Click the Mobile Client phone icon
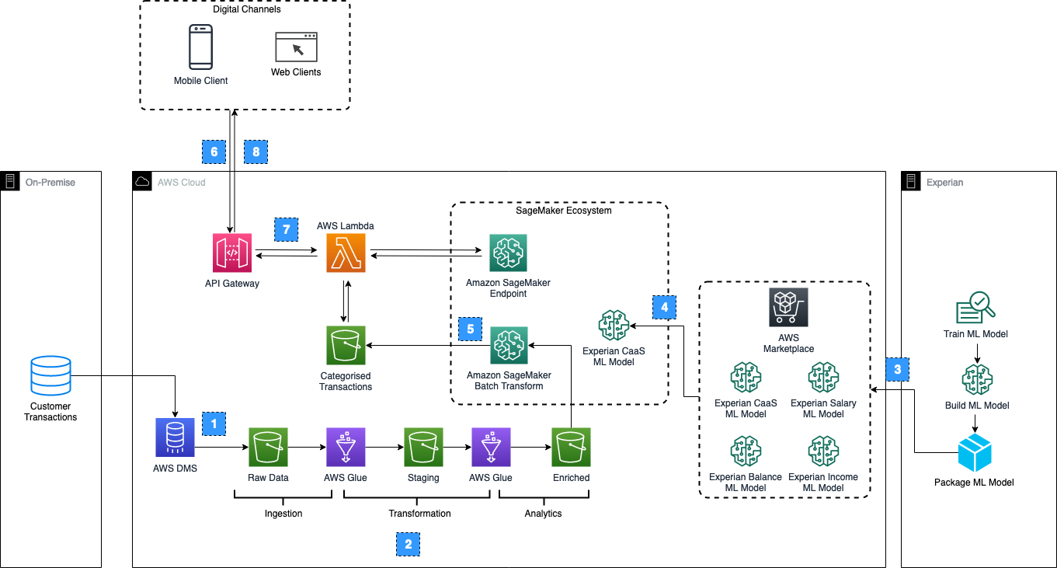(x=200, y=47)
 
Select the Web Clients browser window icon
(x=296, y=47)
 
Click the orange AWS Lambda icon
(x=346, y=254)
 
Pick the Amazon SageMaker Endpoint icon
(x=508, y=253)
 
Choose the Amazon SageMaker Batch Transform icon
(x=508, y=346)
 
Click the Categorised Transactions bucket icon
(x=346, y=345)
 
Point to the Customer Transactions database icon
(x=50, y=376)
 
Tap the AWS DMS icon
(x=175, y=437)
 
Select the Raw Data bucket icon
(x=268, y=447)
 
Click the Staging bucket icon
(x=423, y=447)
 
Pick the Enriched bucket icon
(x=571, y=447)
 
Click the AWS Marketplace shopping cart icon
(x=788, y=307)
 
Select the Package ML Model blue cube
(x=974, y=453)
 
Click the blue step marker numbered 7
(x=286, y=229)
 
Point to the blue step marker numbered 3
(x=897, y=369)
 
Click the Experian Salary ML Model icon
(x=823, y=378)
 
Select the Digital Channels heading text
(x=246, y=10)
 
